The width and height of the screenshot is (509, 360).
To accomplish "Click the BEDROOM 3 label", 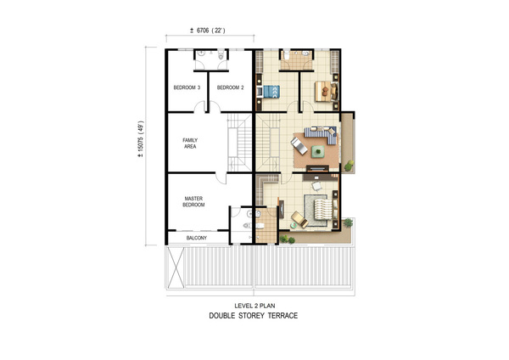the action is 187,87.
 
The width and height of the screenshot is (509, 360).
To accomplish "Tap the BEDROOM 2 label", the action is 230,87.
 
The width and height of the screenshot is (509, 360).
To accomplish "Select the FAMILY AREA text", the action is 190,143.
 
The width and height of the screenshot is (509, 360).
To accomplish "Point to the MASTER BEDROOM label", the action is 193,201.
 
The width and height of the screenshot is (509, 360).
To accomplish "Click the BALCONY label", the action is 197,238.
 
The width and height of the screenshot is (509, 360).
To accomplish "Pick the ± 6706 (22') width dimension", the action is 208,31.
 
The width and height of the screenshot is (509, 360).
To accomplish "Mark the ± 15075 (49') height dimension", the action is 141,139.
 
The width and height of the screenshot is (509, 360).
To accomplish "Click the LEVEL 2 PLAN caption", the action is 255,306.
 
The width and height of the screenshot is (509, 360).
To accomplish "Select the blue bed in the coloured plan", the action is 271,92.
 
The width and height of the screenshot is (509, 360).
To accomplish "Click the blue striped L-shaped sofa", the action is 321,134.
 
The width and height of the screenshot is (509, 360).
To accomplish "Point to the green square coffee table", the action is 318,151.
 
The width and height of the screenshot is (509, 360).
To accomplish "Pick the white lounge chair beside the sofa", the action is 299,145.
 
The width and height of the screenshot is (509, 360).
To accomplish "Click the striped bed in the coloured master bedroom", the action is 323,209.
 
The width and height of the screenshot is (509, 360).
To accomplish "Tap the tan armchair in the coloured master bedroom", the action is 299,219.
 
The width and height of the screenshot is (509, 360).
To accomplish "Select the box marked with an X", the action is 176,267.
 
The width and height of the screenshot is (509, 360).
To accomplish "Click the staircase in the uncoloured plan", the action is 239,143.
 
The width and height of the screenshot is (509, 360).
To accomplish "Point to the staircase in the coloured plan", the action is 268,143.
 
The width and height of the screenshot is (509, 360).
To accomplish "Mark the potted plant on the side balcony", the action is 349,166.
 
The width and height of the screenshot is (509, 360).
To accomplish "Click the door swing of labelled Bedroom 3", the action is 199,106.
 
